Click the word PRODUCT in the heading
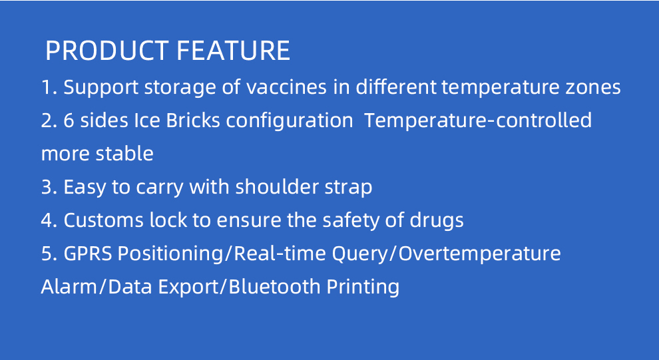[x=107, y=51]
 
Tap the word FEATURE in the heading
[x=233, y=51]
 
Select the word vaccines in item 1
[x=286, y=87]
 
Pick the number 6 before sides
[x=69, y=120]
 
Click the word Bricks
[x=193, y=120]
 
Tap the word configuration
[x=290, y=122]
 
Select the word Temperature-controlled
[x=478, y=120]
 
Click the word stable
[x=124, y=153]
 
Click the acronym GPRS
[x=88, y=254]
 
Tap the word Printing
[x=363, y=287]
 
